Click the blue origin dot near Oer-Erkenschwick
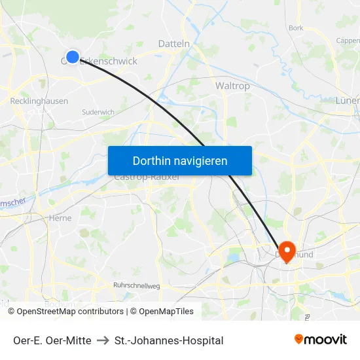point(73,57)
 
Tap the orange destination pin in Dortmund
point(286,249)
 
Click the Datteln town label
point(174,44)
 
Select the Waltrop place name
point(232,86)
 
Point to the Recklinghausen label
point(39,101)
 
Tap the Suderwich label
point(98,112)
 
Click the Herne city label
point(60,218)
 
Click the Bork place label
point(296,28)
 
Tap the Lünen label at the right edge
point(348,101)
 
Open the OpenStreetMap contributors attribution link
point(70,312)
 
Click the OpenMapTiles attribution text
point(166,312)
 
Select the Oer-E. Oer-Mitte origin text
point(52,340)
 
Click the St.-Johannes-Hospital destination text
point(169,340)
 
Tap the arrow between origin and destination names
point(103,340)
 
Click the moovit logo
point(320,339)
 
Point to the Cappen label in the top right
point(348,40)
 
